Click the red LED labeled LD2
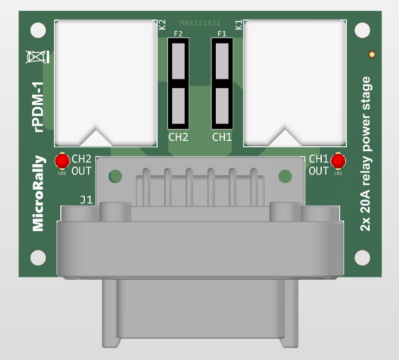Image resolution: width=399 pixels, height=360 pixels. pyautogui.click(x=62, y=161)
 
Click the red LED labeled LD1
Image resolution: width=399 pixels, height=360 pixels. pyautogui.click(x=338, y=161)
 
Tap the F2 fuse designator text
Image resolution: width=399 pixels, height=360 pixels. pyautogui.click(x=178, y=34)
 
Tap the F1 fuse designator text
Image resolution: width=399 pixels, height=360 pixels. pyautogui.click(x=222, y=34)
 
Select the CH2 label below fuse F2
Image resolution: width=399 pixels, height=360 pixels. pyautogui.click(x=178, y=137)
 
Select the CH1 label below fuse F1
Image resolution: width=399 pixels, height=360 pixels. pyautogui.click(x=222, y=137)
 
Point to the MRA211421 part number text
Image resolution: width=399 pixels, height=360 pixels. pyautogui.click(x=200, y=23)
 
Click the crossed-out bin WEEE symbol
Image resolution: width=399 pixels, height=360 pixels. pyautogui.click(x=38, y=57)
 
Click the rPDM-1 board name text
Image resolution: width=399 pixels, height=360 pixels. pyautogui.click(x=39, y=107)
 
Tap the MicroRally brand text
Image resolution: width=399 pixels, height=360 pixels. pyautogui.click(x=39, y=193)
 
